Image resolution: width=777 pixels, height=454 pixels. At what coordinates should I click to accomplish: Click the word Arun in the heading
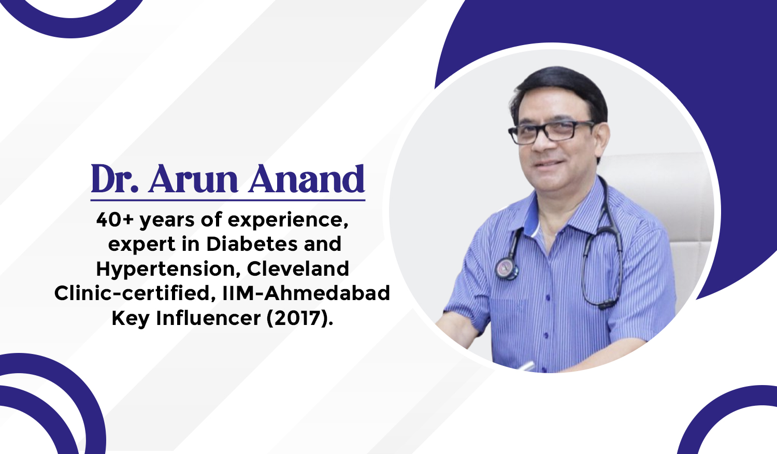pos(193,179)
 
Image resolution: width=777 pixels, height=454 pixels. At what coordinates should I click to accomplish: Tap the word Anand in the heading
pos(307,178)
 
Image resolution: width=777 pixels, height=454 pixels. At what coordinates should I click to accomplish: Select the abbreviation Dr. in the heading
pos(115,178)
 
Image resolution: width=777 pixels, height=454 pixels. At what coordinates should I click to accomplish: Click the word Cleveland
pos(298,268)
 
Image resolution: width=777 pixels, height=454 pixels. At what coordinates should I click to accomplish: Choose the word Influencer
pos(208,318)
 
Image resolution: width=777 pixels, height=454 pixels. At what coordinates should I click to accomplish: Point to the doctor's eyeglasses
pos(551,132)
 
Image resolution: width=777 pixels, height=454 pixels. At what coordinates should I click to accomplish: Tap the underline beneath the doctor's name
pos(228,200)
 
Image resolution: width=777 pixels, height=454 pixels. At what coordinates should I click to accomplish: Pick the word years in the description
pos(167,221)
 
